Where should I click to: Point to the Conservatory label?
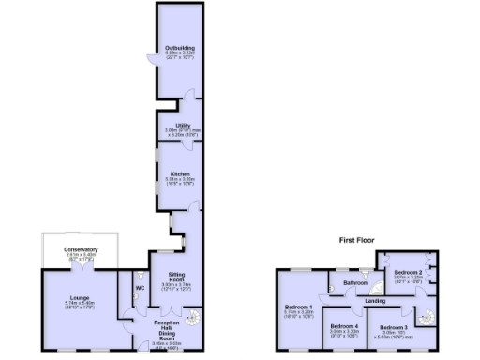(81, 249)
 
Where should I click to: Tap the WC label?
(140, 288)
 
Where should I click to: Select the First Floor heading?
(358, 241)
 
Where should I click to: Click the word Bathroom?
(354, 282)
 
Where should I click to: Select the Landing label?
(375, 301)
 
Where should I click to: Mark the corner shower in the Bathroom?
(377, 289)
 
